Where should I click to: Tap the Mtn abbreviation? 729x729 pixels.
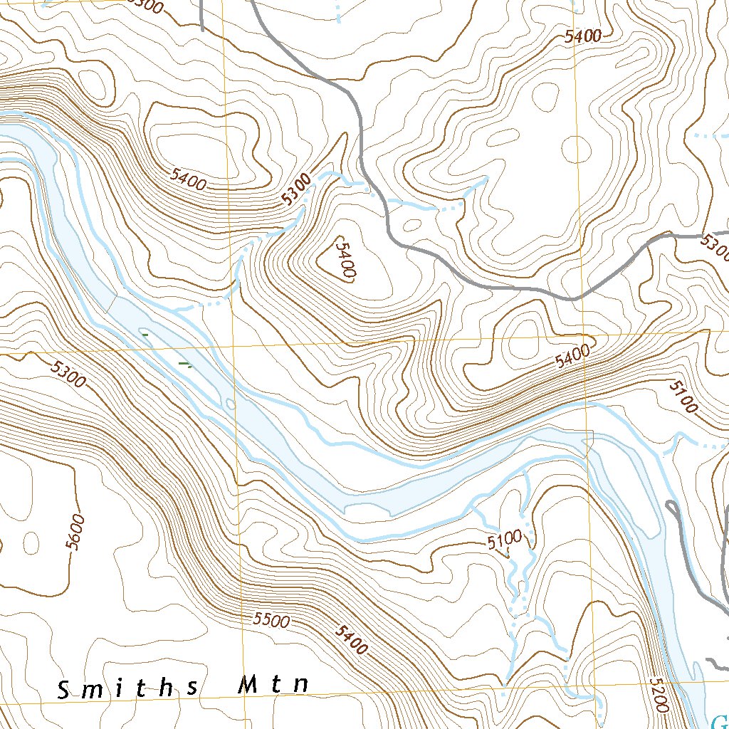pyautogui.click(x=273, y=686)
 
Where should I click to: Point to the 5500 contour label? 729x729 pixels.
pyautogui.click(x=271, y=620)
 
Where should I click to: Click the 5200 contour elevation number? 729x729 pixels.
pyautogui.click(x=659, y=695)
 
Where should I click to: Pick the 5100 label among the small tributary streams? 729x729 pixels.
pyautogui.click(x=505, y=540)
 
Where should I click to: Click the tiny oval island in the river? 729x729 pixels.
pyautogui.click(x=229, y=404)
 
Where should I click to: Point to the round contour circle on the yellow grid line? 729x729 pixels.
pyautogui.click(x=577, y=149)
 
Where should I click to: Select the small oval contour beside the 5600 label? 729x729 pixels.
pyautogui.click(x=31, y=542)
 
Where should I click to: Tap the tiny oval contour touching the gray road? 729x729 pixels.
pyautogui.click(x=412, y=225)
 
